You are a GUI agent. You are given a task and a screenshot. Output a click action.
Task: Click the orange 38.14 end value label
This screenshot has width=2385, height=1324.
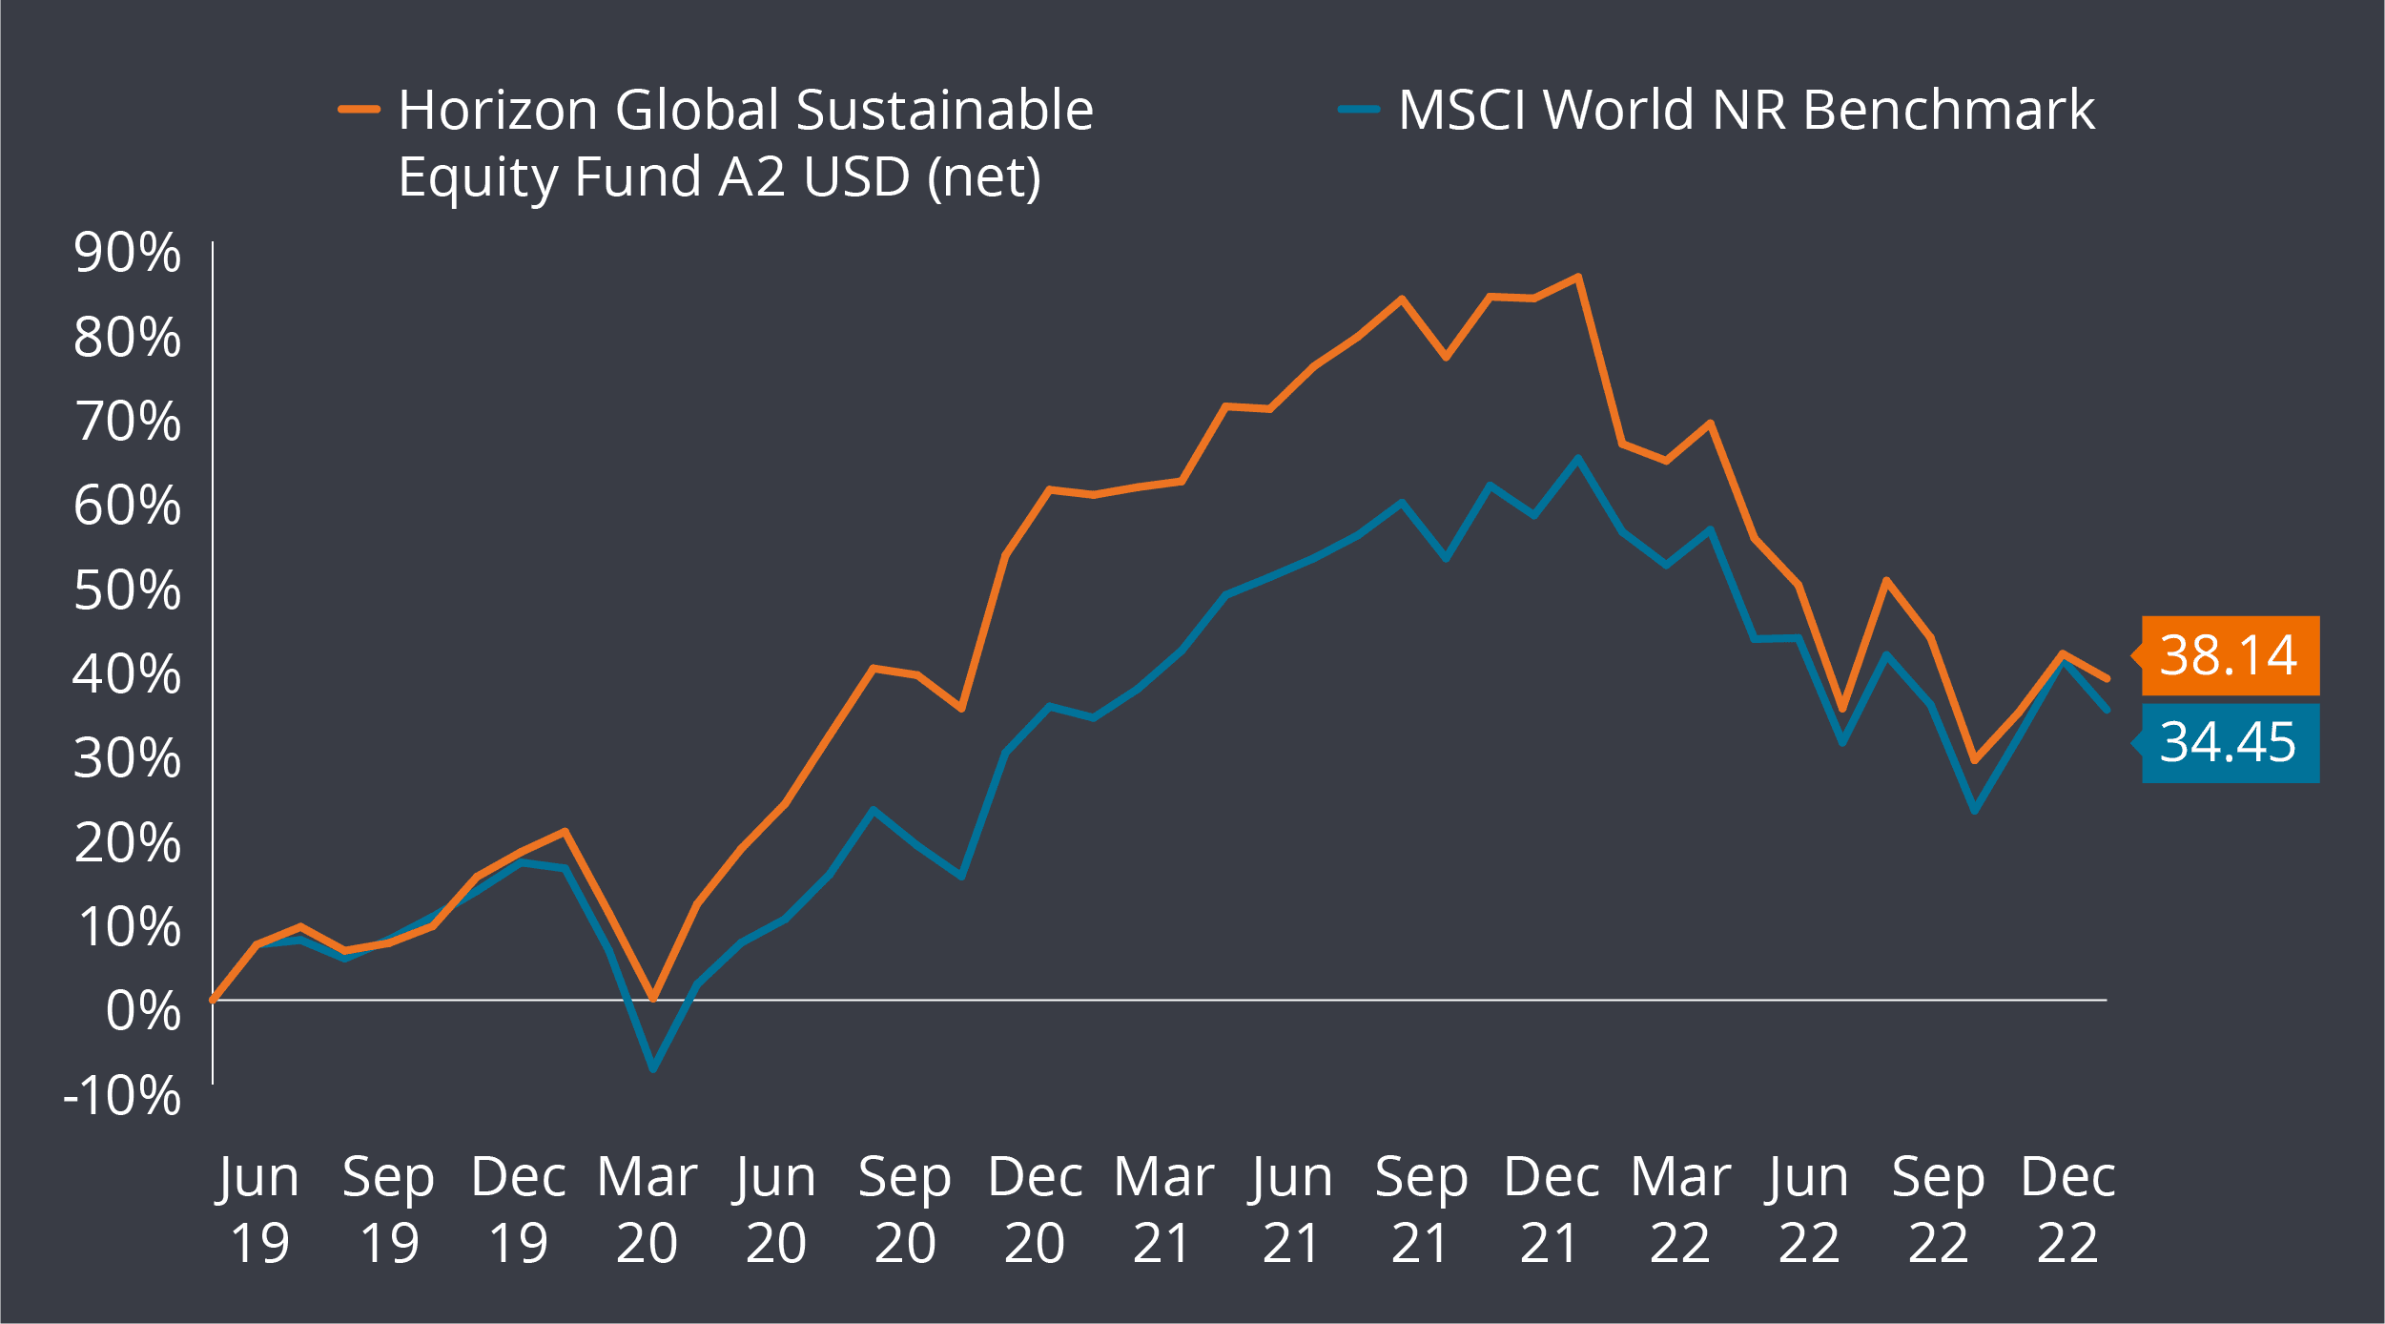point(2230,655)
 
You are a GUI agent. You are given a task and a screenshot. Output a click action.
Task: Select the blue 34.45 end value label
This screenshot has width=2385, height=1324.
point(2230,743)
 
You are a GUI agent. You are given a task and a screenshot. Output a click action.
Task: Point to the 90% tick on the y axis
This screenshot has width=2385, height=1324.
point(127,254)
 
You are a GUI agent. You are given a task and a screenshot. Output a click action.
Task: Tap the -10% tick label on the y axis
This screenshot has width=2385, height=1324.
point(121,1096)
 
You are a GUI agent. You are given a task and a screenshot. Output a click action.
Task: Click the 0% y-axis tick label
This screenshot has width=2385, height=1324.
point(142,1011)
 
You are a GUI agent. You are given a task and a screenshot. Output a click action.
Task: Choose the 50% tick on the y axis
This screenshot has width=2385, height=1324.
point(127,590)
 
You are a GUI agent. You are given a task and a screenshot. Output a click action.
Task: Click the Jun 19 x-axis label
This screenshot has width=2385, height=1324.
point(259,1210)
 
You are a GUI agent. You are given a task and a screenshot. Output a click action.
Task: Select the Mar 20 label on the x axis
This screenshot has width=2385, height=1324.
point(647,1210)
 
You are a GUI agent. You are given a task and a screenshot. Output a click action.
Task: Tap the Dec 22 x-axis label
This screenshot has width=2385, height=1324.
point(2067,1210)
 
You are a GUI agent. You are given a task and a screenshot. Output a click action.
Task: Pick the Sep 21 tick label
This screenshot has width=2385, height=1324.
point(1421,1210)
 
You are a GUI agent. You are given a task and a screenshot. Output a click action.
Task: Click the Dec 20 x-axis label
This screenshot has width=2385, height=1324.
point(1035,1210)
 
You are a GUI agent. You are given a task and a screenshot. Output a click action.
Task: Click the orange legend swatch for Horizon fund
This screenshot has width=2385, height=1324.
point(360,110)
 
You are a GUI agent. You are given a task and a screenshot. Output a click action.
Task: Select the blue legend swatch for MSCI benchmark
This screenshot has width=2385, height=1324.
point(1359,110)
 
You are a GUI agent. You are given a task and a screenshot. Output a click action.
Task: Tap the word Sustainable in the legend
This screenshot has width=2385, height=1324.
point(944,110)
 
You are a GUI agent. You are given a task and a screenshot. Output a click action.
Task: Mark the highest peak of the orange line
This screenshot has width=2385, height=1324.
point(1578,278)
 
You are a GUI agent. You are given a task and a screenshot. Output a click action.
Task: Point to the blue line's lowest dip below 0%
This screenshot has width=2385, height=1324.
point(653,1069)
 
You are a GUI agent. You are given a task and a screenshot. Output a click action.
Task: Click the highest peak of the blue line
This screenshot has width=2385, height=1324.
point(1578,458)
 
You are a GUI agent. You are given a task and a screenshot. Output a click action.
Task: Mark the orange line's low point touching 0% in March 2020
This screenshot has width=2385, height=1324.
point(653,998)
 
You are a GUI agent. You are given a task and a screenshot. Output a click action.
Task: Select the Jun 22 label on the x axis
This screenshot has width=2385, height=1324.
point(1809,1210)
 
